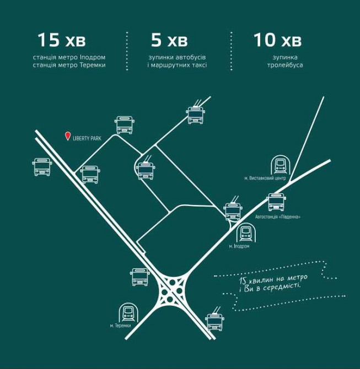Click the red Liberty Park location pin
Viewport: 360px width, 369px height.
point(68,136)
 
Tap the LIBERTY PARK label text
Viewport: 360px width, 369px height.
point(87,138)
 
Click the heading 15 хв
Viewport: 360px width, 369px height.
point(61,40)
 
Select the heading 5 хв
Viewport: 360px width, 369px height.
point(169,40)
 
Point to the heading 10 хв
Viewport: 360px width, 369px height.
point(277,40)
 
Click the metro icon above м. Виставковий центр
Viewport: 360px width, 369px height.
point(281,165)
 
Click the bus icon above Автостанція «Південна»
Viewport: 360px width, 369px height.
point(276,202)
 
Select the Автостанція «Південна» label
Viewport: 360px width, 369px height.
point(278,216)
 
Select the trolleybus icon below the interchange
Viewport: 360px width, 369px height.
point(214,319)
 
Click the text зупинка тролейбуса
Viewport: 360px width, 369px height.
point(287,61)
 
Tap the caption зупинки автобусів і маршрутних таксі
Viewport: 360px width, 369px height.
point(178,61)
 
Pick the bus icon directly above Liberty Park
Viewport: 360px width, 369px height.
point(125,125)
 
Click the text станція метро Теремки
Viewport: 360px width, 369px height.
point(69,66)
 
